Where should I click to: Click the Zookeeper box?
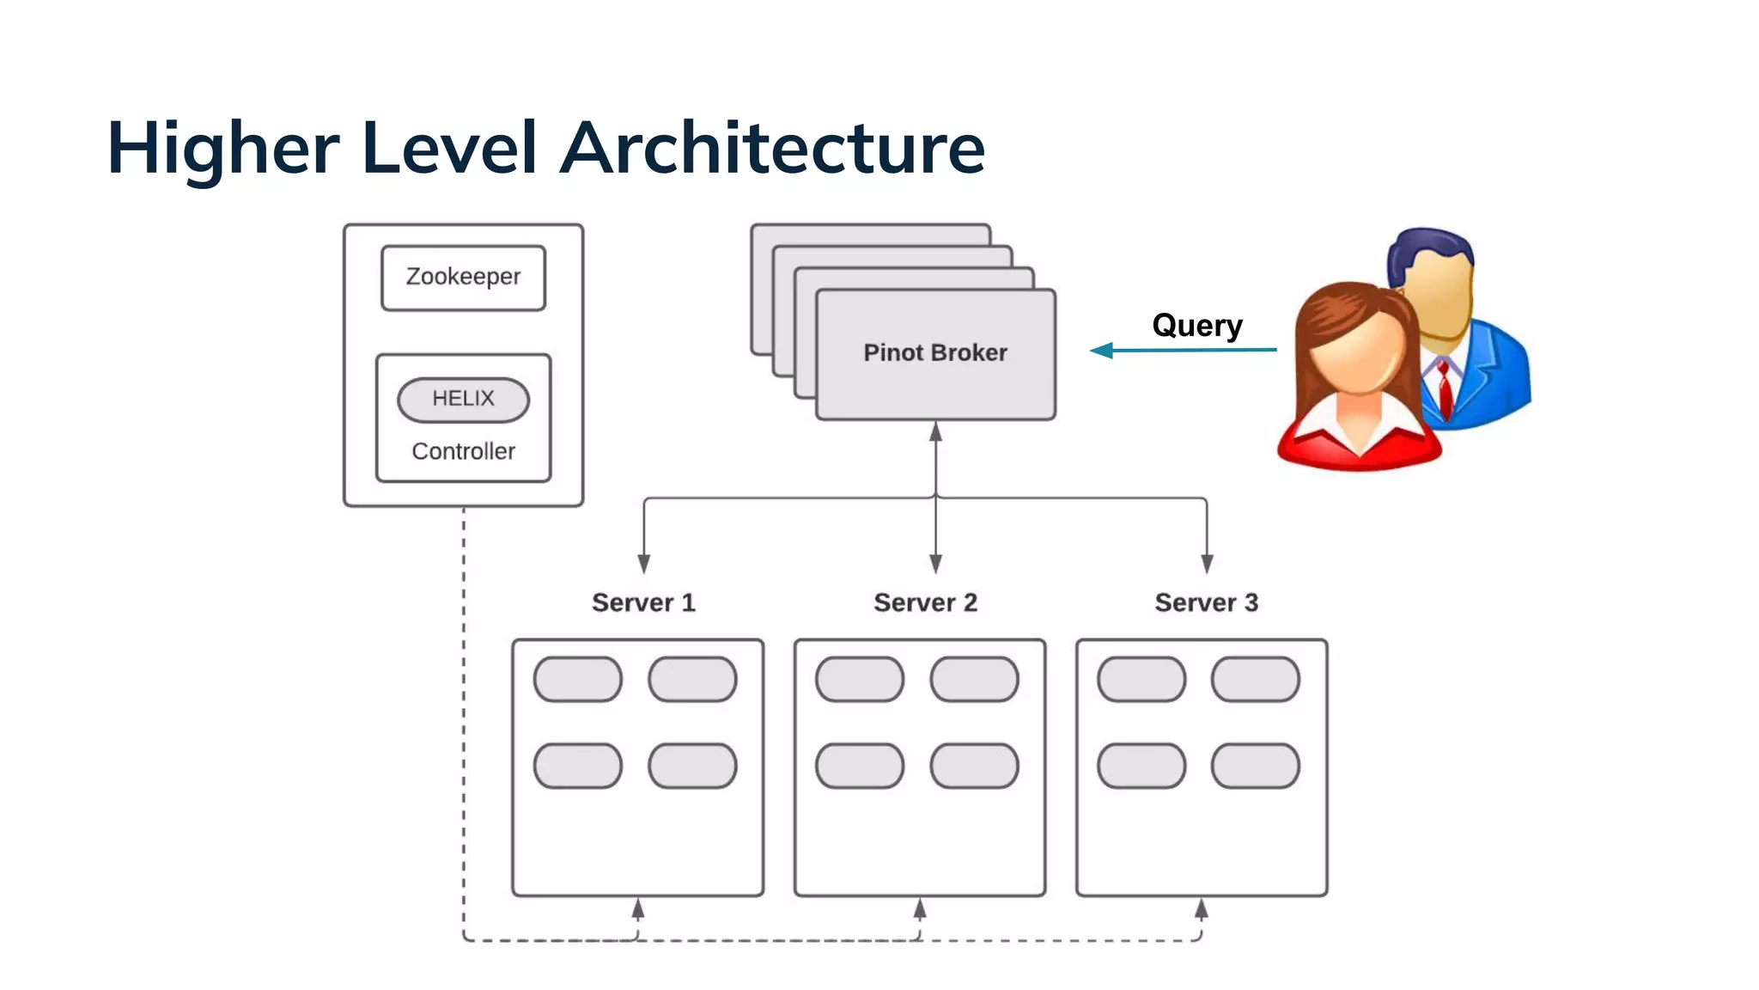click(x=463, y=278)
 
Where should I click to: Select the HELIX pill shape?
click(x=463, y=399)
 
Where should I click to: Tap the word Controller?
click(x=463, y=451)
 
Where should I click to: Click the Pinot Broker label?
click(x=934, y=352)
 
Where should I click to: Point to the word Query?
click(x=1196, y=326)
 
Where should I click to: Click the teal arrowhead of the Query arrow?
click(x=1101, y=351)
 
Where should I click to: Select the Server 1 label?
click(x=643, y=602)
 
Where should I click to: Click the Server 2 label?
click(x=925, y=602)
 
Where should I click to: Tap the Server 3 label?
click(x=1206, y=602)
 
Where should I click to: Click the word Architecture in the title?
click(x=773, y=148)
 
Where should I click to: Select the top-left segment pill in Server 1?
click(x=577, y=680)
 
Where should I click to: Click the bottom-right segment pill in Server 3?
click(x=1255, y=766)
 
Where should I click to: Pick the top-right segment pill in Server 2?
click(x=974, y=680)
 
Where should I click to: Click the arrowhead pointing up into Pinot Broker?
click(x=935, y=431)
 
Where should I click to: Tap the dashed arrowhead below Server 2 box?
click(x=920, y=908)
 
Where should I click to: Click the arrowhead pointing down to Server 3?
click(x=1207, y=564)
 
